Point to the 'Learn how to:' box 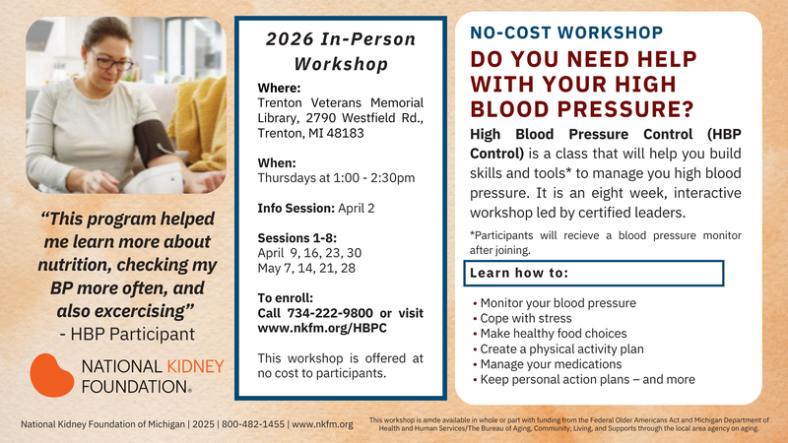(x=594, y=272)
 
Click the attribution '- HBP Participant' (x=126, y=333)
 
